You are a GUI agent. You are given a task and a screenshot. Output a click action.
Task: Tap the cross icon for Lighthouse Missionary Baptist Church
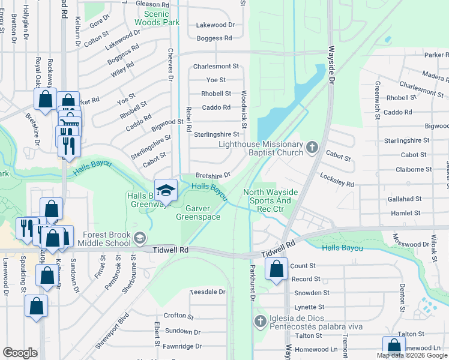click(x=312, y=147)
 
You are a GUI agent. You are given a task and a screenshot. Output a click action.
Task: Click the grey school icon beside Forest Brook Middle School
click(x=140, y=238)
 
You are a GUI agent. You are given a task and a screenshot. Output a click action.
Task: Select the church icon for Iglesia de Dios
click(x=260, y=321)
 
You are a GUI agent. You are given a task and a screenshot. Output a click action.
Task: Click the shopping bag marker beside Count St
click(x=276, y=269)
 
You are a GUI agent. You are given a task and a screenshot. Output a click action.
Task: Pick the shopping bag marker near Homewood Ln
click(x=394, y=347)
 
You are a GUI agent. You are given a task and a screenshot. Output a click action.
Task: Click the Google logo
click(x=20, y=353)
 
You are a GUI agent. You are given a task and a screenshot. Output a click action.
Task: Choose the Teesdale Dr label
click(x=207, y=292)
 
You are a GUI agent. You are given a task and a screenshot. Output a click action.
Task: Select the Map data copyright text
click(x=398, y=355)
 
